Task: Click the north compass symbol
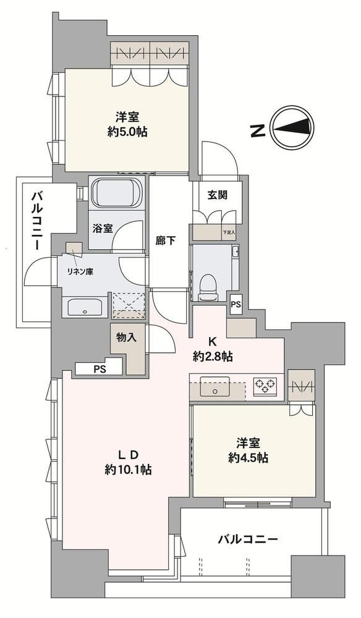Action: point(293,127)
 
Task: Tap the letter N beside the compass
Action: point(258,130)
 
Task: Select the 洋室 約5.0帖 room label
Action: point(127,125)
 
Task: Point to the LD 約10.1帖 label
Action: point(129,462)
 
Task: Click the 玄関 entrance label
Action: point(218,195)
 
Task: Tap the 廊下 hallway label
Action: point(166,240)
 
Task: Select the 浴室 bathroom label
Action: point(103,229)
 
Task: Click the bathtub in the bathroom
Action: point(117,193)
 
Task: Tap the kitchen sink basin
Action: point(214,386)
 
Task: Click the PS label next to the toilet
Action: point(236,304)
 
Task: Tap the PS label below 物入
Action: point(100,370)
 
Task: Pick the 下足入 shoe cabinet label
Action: point(229,232)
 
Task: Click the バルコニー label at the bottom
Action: point(248,539)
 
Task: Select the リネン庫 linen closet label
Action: point(80,271)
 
